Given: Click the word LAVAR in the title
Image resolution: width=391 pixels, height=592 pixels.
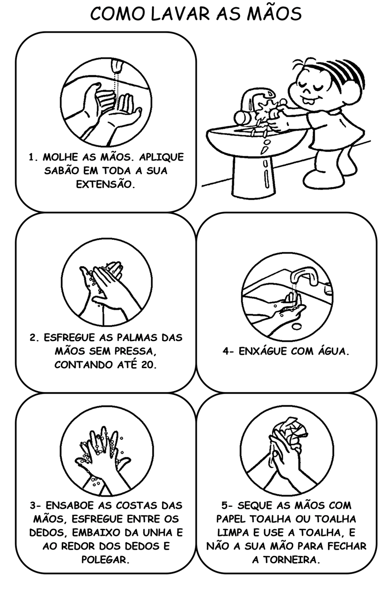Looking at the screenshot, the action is [181, 14].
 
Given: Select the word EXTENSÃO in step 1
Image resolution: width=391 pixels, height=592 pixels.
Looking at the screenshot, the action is [105, 184].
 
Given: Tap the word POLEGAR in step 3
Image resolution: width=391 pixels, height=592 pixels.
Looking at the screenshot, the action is [105, 559].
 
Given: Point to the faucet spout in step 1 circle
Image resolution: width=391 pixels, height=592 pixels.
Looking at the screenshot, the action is [117, 66].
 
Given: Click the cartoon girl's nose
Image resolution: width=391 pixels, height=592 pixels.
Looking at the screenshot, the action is [307, 90].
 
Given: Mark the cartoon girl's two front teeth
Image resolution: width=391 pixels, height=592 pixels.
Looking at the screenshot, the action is [308, 100].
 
